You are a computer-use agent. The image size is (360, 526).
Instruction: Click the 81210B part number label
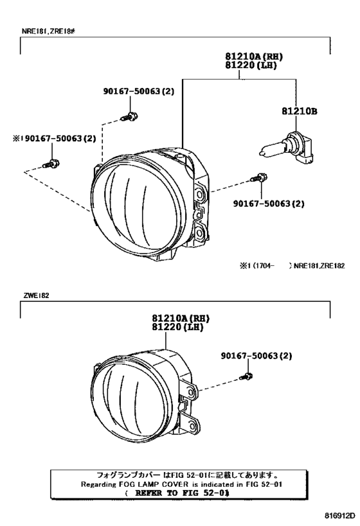[x=299, y=111]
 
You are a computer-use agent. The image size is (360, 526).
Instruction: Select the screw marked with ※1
[x=51, y=164]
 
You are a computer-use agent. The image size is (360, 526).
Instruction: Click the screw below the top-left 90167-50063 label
[x=130, y=116]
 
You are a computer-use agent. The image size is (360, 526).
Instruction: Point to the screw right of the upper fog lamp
[x=259, y=177]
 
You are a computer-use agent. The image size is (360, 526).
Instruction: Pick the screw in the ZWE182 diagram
[x=246, y=376]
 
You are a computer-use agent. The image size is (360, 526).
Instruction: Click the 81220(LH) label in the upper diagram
[x=251, y=66]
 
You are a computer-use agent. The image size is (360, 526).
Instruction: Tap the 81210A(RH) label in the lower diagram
[x=181, y=318]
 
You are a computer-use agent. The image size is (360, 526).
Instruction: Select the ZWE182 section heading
[x=36, y=295]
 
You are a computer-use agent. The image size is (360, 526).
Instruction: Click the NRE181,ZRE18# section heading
[x=48, y=31]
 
